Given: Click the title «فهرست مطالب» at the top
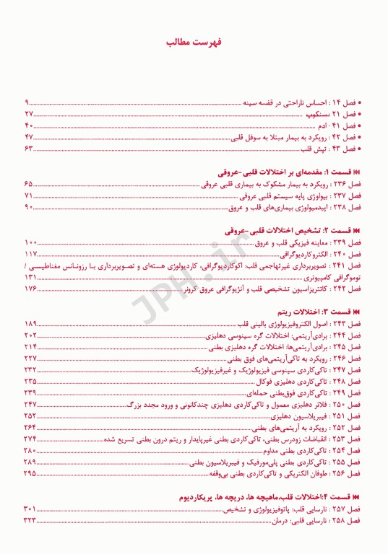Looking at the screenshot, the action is point(194,43).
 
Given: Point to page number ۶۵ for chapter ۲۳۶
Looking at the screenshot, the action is point(29,185).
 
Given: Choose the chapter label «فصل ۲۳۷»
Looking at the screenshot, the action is point(347,196).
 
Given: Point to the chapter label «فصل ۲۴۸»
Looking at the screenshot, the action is point(347,382).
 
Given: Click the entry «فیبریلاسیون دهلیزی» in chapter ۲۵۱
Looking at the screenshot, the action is point(297,416).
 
